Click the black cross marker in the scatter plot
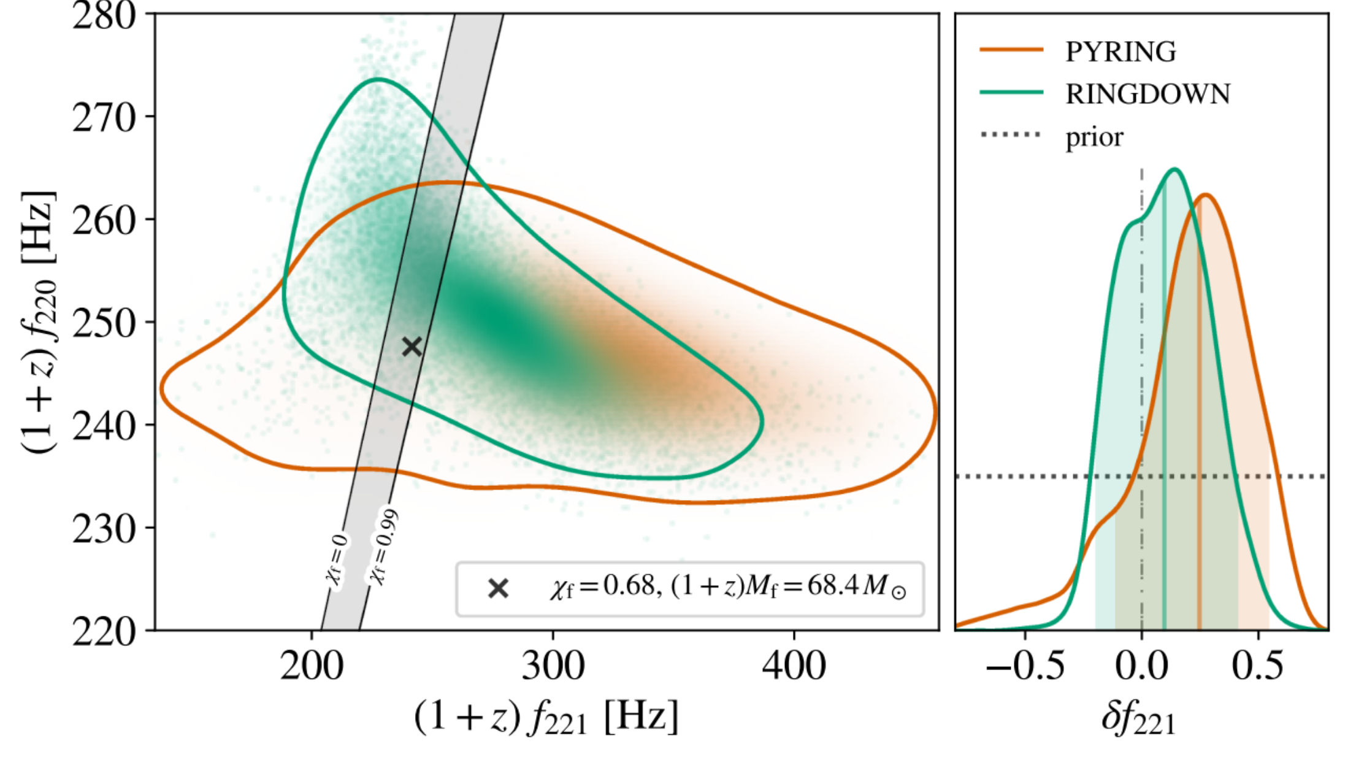(412, 347)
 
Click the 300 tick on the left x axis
(553, 666)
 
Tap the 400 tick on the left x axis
(794, 666)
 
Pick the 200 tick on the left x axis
(312, 666)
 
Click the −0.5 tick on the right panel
(1024, 666)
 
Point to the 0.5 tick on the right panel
(1257, 666)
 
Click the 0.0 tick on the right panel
(1141, 666)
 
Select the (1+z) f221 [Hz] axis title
(546, 717)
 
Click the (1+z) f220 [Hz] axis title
(38, 322)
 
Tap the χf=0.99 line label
(384, 546)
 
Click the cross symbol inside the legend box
(498, 589)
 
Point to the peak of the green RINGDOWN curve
(1174, 169)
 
